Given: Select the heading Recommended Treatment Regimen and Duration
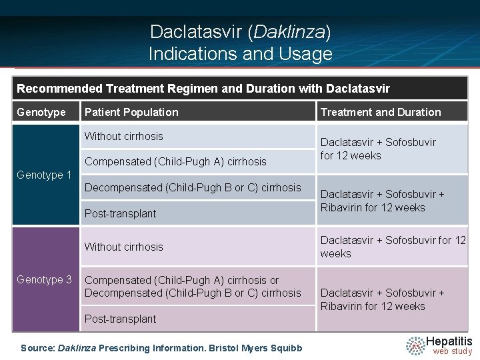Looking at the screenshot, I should (203, 88).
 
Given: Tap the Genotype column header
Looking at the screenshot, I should (41, 112).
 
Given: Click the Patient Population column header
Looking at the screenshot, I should (131, 112).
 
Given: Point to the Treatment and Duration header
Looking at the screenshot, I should (381, 112).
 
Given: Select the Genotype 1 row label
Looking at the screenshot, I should (45, 175).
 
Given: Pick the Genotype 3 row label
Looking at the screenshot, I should (45, 279).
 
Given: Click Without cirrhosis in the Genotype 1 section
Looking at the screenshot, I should (124, 136).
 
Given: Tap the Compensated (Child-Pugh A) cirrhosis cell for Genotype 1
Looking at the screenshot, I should (175, 161).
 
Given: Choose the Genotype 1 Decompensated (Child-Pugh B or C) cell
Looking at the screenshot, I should (193, 187).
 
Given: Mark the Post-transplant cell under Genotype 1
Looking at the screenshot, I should (121, 213).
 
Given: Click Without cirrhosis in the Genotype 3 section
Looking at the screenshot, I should (124, 247).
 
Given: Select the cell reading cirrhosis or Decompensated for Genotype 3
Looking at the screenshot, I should (193, 287).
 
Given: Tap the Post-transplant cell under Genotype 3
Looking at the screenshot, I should (121, 319).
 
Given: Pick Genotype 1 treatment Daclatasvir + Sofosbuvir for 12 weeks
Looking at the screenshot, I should (378, 149).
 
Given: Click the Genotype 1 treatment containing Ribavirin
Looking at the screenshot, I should (382, 201).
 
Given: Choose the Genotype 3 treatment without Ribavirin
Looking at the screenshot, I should (393, 247).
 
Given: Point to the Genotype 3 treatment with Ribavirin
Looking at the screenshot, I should (382, 299).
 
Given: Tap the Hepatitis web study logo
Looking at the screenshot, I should (439, 345).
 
